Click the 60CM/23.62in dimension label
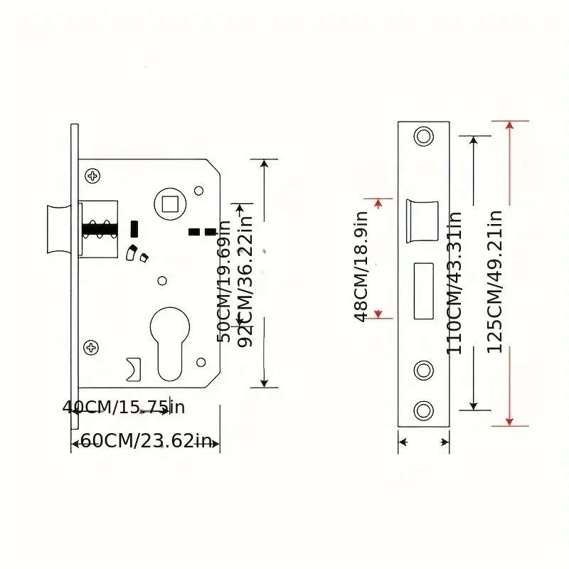146,441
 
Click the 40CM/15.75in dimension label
124,408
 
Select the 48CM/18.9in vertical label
361,267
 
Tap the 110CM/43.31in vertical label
454,282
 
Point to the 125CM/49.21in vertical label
495,280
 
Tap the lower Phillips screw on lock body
92,347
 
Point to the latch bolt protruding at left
57,229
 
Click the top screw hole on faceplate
424,136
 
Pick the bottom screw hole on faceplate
424,410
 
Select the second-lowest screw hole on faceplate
424,370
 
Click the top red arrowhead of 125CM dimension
509,126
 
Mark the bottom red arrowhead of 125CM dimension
509,421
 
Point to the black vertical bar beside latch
133,229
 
